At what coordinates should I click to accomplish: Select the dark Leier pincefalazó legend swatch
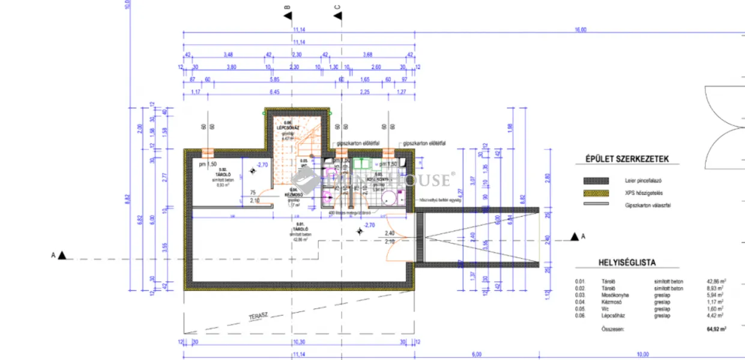596,181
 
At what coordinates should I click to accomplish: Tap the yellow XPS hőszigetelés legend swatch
596,193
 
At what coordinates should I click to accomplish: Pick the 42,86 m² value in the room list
716,281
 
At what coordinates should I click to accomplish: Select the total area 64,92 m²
716,329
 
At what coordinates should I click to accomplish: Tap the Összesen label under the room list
613,329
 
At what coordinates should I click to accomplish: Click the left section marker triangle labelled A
62,256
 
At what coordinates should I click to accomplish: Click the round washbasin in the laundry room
388,196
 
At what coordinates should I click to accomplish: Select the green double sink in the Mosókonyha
362,164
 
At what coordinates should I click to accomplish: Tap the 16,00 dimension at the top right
581,30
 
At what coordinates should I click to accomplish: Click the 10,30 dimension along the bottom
298,341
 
